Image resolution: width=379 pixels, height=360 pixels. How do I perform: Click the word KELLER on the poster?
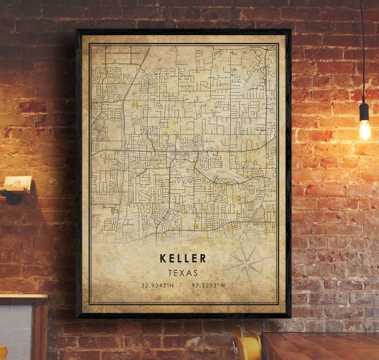[x=183, y=258]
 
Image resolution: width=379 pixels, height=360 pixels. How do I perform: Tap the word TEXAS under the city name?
[x=183, y=273]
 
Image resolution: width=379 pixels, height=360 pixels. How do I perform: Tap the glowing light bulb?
[x=364, y=130]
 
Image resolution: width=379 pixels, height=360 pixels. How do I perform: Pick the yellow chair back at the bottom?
[x=247, y=345]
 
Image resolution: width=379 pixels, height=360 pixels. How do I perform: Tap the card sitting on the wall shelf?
[x=17, y=182]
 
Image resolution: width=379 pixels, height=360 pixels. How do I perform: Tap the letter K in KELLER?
[x=164, y=258]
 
